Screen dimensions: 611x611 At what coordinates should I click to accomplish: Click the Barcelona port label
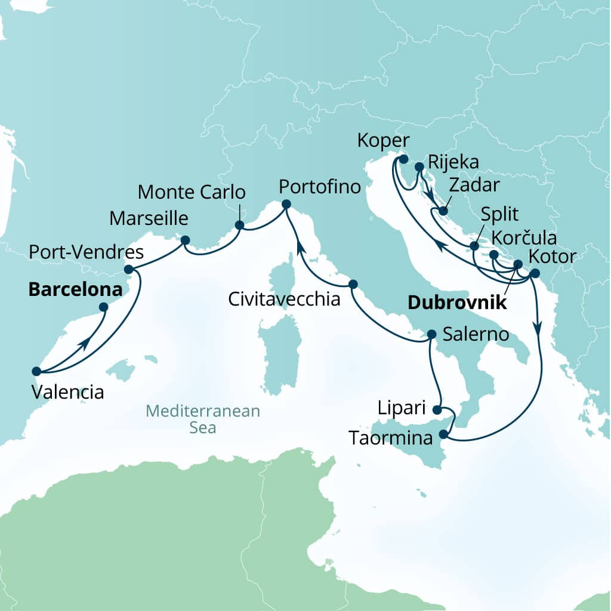click(75, 290)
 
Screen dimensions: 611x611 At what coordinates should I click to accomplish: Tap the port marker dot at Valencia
click(36, 371)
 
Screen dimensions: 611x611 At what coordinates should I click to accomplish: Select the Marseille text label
click(149, 218)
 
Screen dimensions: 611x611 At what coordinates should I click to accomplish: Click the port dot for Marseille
click(185, 240)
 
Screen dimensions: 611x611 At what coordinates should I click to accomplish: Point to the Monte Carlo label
click(192, 193)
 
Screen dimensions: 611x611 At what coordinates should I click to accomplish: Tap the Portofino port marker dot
click(286, 205)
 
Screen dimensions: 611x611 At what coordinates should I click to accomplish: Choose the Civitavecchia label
click(284, 298)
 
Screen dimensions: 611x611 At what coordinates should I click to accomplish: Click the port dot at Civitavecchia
click(353, 284)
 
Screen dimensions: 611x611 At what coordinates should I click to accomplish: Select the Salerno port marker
click(432, 335)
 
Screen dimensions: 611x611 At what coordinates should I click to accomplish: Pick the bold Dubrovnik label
click(456, 303)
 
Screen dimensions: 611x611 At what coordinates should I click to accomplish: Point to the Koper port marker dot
click(403, 159)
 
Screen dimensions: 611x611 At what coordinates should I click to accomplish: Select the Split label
click(500, 214)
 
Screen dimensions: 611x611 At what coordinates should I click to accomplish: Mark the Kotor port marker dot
click(535, 273)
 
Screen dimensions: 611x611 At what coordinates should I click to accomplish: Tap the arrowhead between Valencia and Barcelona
click(87, 343)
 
